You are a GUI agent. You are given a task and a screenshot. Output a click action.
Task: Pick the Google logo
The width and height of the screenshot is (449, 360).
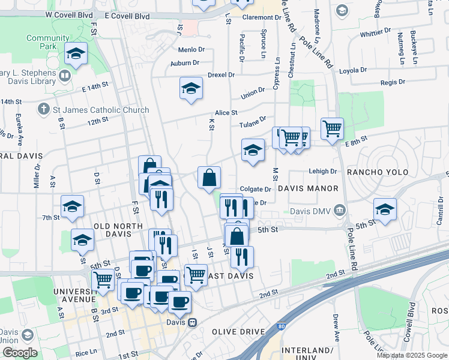pyautogui.click(x=20, y=353)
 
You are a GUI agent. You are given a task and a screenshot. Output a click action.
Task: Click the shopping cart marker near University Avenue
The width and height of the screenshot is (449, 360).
pyautogui.click(x=103, y=279)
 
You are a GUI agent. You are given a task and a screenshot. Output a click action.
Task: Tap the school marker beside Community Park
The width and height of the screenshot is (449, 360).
pyautogui.click(x=76, y=53)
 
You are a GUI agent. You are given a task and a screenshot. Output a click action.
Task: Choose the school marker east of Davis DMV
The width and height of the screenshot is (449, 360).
pyautogui.click(x=385, y=209)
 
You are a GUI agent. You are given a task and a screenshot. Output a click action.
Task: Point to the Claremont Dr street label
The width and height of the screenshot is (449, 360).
pyautogui.click(x=262, y=17)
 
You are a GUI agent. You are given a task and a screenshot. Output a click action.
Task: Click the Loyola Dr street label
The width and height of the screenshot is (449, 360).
pyautogui.click(x=352, y=70)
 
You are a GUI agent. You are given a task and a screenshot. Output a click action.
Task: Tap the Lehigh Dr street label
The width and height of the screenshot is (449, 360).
pyautogui.click(x=323, y=171)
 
